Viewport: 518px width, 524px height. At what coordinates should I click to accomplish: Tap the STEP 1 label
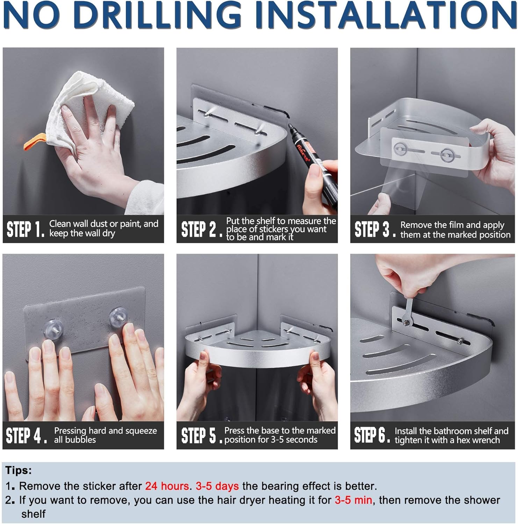26,229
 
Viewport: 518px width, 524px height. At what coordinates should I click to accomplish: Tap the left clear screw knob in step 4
53,329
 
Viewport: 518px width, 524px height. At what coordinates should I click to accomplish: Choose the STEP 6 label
372,435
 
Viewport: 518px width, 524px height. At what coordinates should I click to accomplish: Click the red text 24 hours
167,486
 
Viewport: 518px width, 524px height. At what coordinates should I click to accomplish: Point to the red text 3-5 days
217,486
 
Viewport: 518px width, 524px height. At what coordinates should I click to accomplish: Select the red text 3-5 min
353,500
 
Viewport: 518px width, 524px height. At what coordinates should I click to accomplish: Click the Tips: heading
19,470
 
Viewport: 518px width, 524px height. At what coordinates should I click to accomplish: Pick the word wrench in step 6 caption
486,440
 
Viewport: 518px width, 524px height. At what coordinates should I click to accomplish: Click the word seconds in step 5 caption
301,439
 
